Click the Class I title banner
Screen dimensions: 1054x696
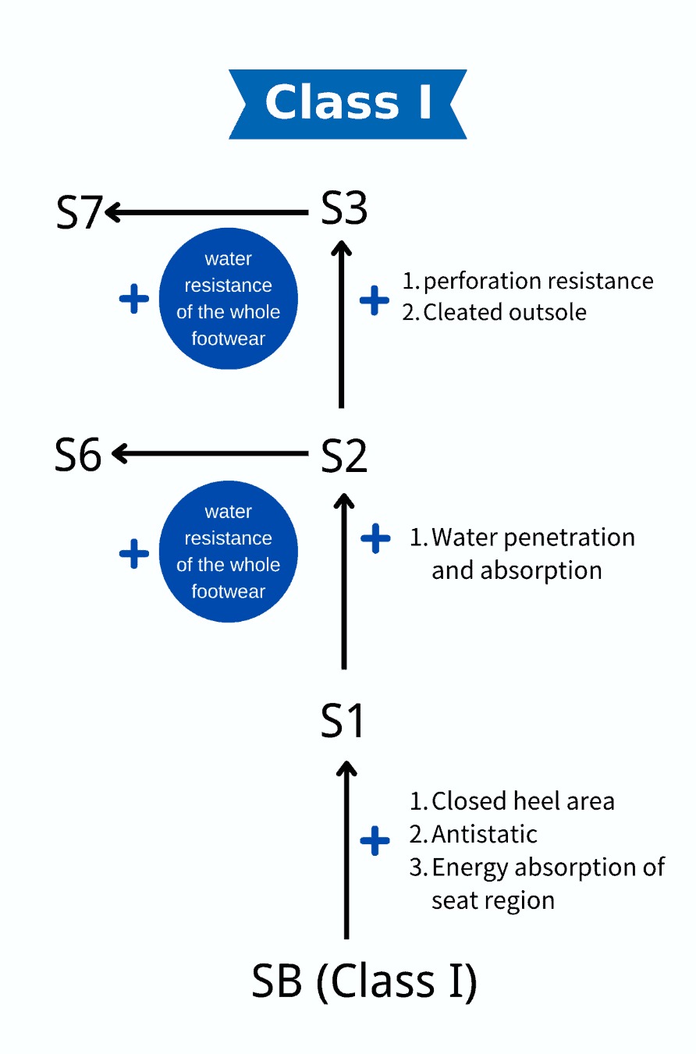[347, 104]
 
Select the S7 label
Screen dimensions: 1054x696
[79, 211]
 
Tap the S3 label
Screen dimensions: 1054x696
[344, 210]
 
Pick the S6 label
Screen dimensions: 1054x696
[78, 455]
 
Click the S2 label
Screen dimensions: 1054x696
[344, 456]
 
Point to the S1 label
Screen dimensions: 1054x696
[343, 720]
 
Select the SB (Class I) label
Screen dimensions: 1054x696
[364, 981]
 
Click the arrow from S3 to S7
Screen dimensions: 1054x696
[207, 211]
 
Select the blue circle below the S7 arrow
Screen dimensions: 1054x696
[228, 299]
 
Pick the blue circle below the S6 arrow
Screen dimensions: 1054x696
[228, 552]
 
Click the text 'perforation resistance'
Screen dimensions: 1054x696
[538, 281]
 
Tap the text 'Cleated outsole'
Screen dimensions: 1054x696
[504, 312]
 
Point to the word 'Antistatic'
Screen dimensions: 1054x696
[484, 834]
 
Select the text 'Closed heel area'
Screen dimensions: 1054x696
[522, 801]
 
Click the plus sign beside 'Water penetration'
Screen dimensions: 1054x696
[375, 538]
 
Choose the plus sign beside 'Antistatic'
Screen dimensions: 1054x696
[375, 841]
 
